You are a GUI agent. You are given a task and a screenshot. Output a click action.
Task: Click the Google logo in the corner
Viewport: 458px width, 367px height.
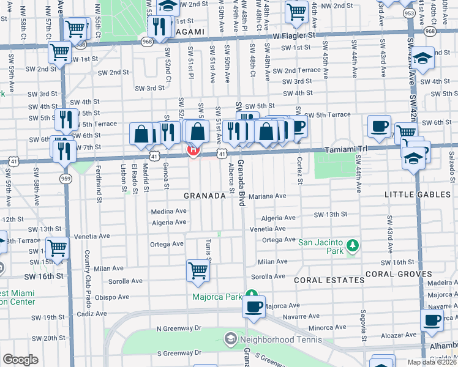tap(20, 360)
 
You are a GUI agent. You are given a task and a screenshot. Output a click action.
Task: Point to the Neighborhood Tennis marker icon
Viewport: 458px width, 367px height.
tap(230, 338)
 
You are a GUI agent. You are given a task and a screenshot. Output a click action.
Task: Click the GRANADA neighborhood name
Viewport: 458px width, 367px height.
tap(205, 196)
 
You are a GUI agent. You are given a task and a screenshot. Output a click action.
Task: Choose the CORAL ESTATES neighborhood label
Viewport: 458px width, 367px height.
tap(329, 280)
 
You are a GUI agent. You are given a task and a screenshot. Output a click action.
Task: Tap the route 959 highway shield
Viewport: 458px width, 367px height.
tap(66, 178)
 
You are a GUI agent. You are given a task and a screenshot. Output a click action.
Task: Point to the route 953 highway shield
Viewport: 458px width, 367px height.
tap(409, 12)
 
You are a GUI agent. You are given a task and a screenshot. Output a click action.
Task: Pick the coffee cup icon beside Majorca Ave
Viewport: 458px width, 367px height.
tap(253, 306)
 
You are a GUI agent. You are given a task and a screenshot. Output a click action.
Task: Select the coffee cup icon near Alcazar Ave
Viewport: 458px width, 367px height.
tap(432, 319)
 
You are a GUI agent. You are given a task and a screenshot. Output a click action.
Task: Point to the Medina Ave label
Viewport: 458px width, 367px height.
tap(168, 211)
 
